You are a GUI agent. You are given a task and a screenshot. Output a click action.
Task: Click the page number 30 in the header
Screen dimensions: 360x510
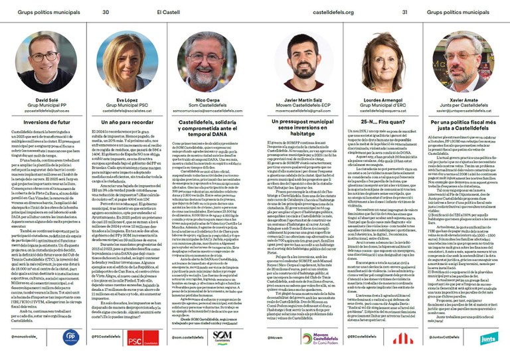[106, 11]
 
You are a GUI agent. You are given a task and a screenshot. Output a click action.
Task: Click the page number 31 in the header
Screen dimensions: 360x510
[404, 11]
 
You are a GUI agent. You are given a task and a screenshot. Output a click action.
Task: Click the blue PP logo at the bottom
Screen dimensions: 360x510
[70, 337]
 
